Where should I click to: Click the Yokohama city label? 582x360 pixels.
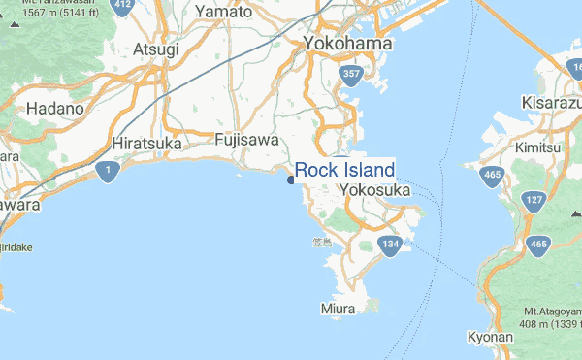point(347,44)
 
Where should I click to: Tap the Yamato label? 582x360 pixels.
point(223,13)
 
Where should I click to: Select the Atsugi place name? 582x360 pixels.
point(157,49)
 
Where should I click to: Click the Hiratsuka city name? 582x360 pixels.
point(148,144)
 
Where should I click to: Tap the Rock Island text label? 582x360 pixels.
point(344,171)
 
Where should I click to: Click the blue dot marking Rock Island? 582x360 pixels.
point(291,179)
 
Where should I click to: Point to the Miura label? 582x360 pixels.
point(337,309)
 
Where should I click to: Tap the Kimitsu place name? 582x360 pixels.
point(538,147)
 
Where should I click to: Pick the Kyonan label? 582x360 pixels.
point(490,337)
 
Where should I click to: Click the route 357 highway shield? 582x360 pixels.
point(350,74)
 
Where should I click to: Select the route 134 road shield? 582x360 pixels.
point(390,243)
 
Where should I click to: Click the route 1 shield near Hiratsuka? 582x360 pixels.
point(108,172)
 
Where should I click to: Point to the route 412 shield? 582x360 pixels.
point(122,5)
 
